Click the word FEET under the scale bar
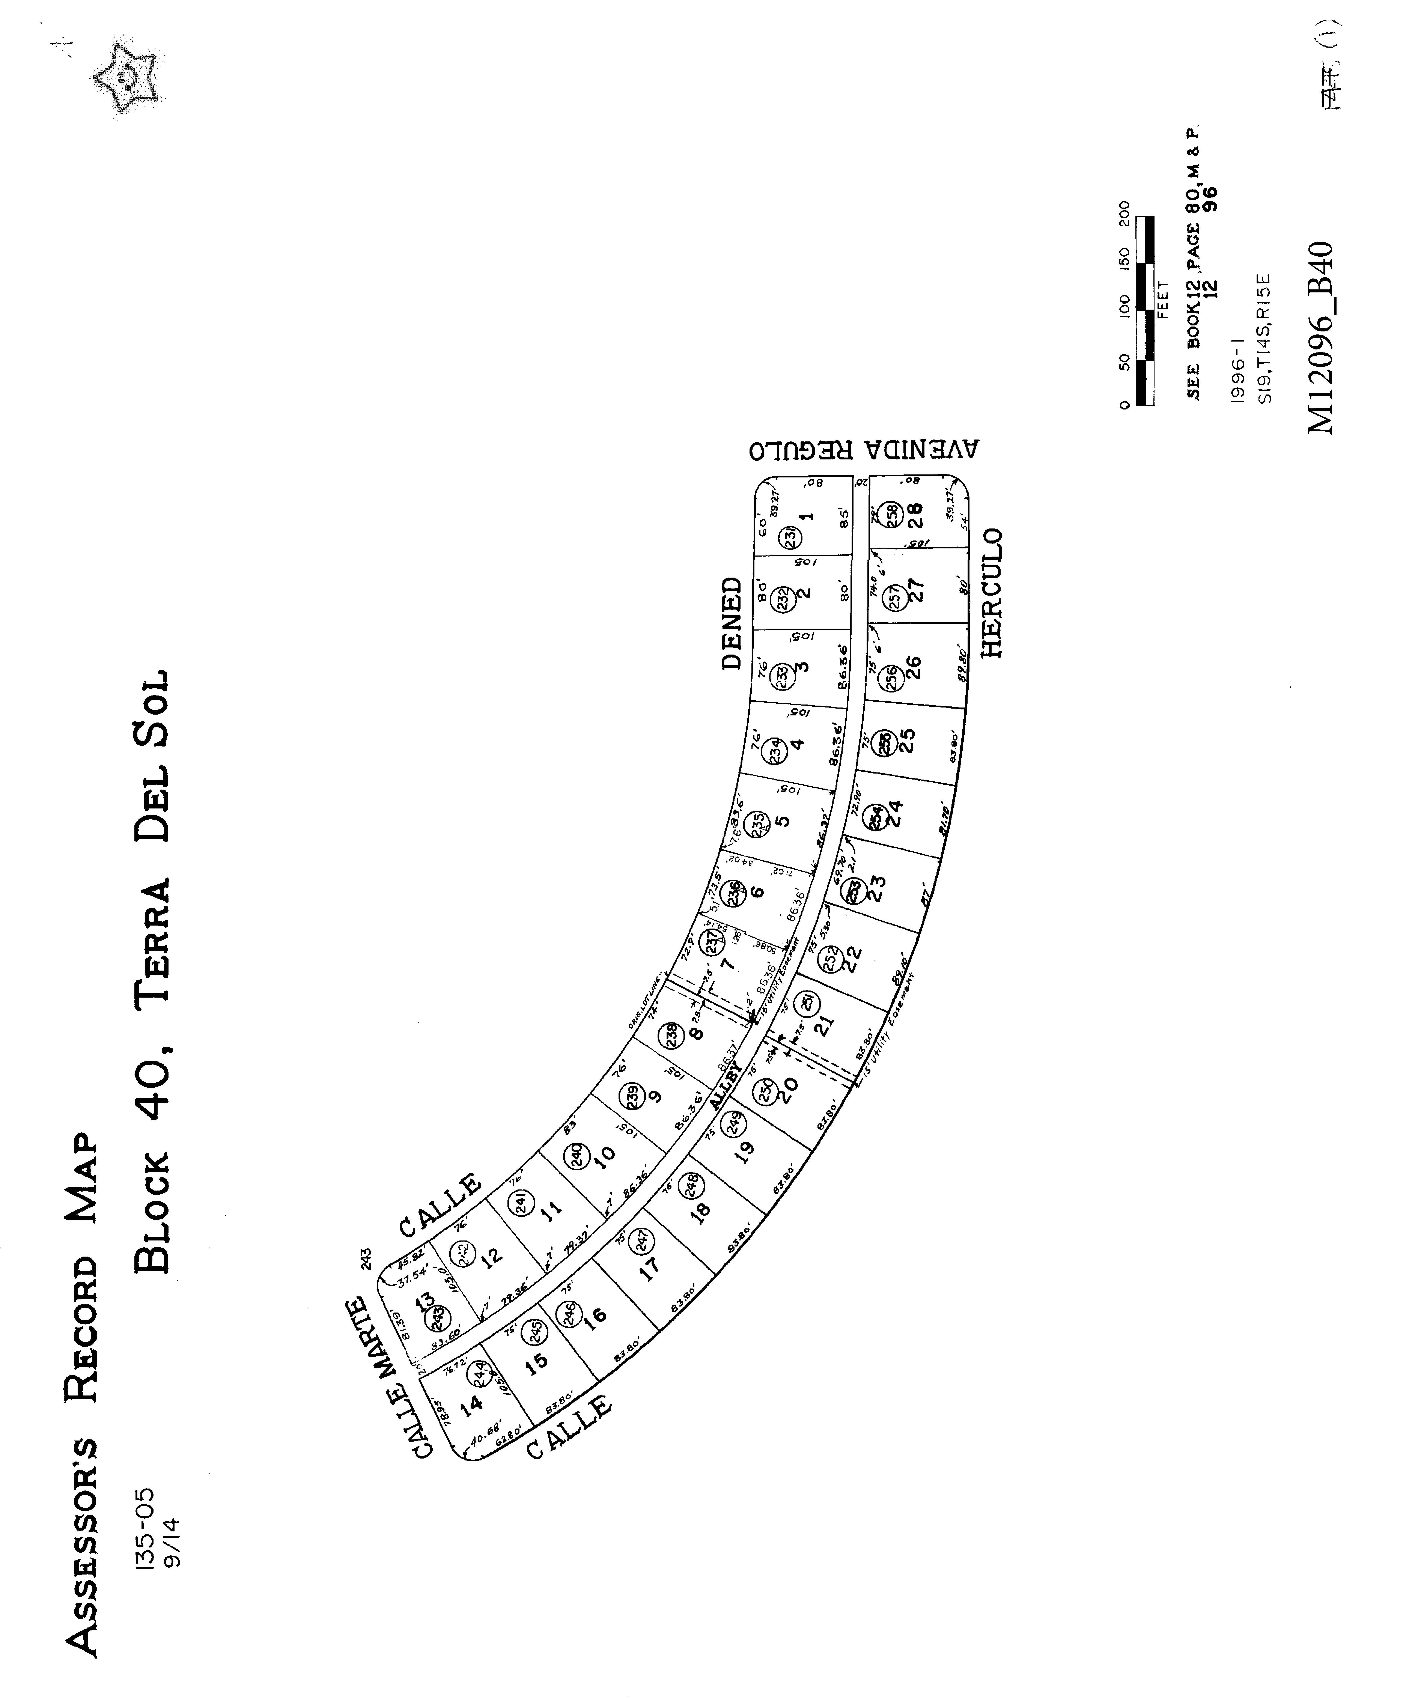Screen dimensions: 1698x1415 point(1164,299)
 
